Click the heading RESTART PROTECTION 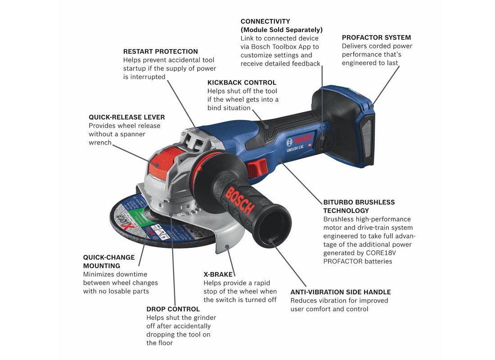click(161, 51)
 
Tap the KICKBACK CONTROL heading click(242, 82)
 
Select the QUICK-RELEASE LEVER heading click(127, 117)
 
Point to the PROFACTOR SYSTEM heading click(376, 37)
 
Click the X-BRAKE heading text click(218, 274)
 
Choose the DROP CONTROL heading click(173, 309)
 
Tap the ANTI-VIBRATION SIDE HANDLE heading click(341, 292)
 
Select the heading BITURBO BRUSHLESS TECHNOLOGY click(359, 207)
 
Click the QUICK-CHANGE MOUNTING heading click(109, 261)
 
